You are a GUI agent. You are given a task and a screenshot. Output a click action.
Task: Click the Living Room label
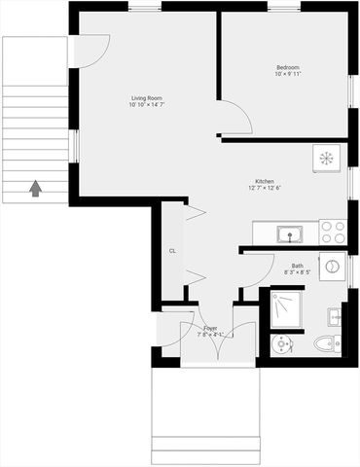point(147,97)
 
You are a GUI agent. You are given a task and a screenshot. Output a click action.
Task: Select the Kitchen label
point(264,182)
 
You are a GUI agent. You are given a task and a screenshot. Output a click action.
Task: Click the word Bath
point(297,266)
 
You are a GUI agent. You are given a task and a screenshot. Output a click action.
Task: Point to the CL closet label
point(172,251)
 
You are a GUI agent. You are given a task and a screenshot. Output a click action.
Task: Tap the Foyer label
point(210,328)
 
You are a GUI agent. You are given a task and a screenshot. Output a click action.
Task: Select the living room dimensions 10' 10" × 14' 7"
point(147,105)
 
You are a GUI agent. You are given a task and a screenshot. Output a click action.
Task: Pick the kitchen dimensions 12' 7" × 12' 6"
point(264,190)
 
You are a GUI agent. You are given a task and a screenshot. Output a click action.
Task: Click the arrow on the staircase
point(36,187)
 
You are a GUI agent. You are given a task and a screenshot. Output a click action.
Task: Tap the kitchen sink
point(289,233)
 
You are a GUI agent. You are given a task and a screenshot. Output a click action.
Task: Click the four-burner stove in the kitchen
point(333,233)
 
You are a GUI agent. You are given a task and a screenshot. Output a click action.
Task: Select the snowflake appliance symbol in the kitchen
point(327,159)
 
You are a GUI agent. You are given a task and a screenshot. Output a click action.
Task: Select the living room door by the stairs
point(90,52)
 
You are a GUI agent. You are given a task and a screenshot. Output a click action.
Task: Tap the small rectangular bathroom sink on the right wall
point(336,315)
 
